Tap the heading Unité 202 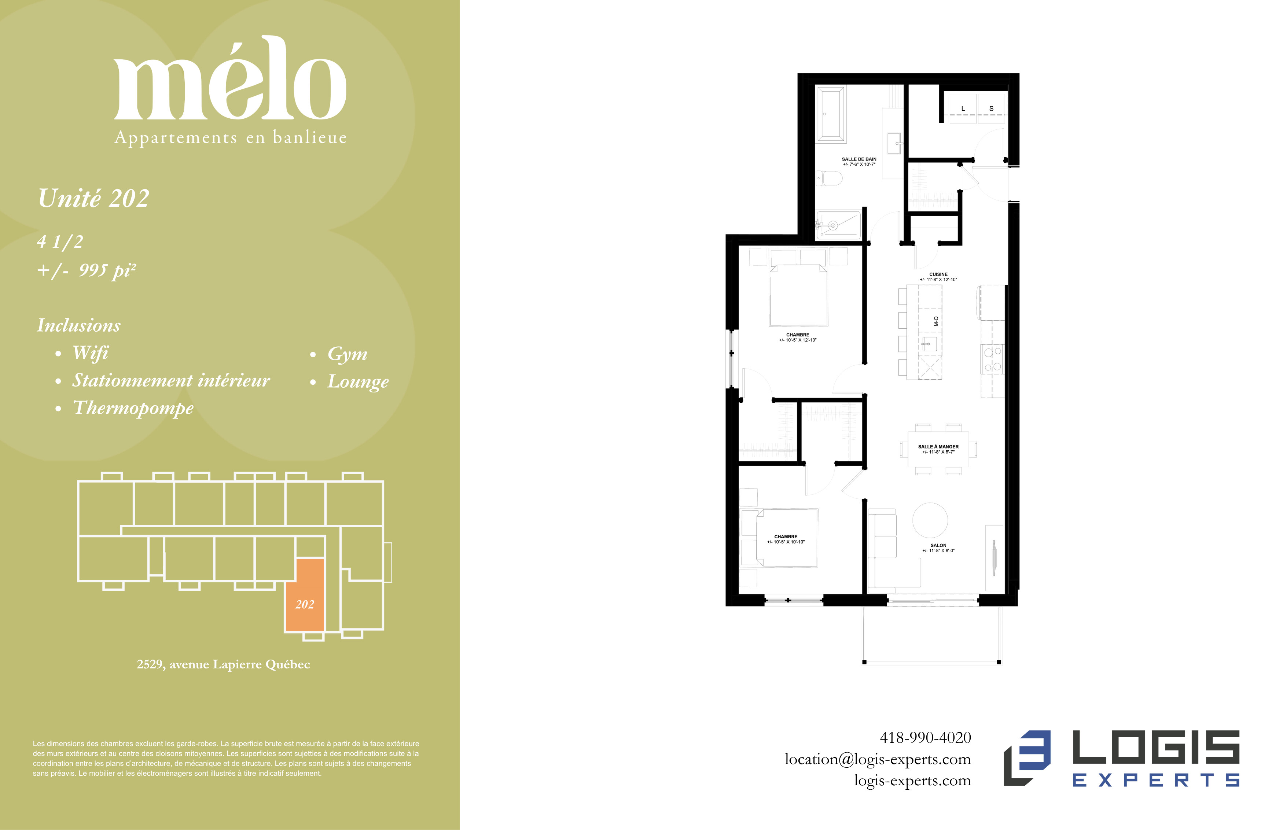[x=93, y=198]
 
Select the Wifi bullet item [x=90, y=353]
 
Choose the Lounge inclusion [x=358, y=381]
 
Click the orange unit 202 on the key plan [x=305, y=594]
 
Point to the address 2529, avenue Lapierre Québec [x=223, y=664]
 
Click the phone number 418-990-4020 [x=925, y=737]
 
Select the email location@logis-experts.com [x=878, y=759]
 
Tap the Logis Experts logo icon [x=1026, y=758]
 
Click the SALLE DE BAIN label [x=859, y=159]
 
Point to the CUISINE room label [x=938, y=274]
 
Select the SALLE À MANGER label [x=938, y=447]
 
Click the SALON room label [x=938, y=545]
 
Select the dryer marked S [x=991, y=108]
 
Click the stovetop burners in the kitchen [x=992, y=359]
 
